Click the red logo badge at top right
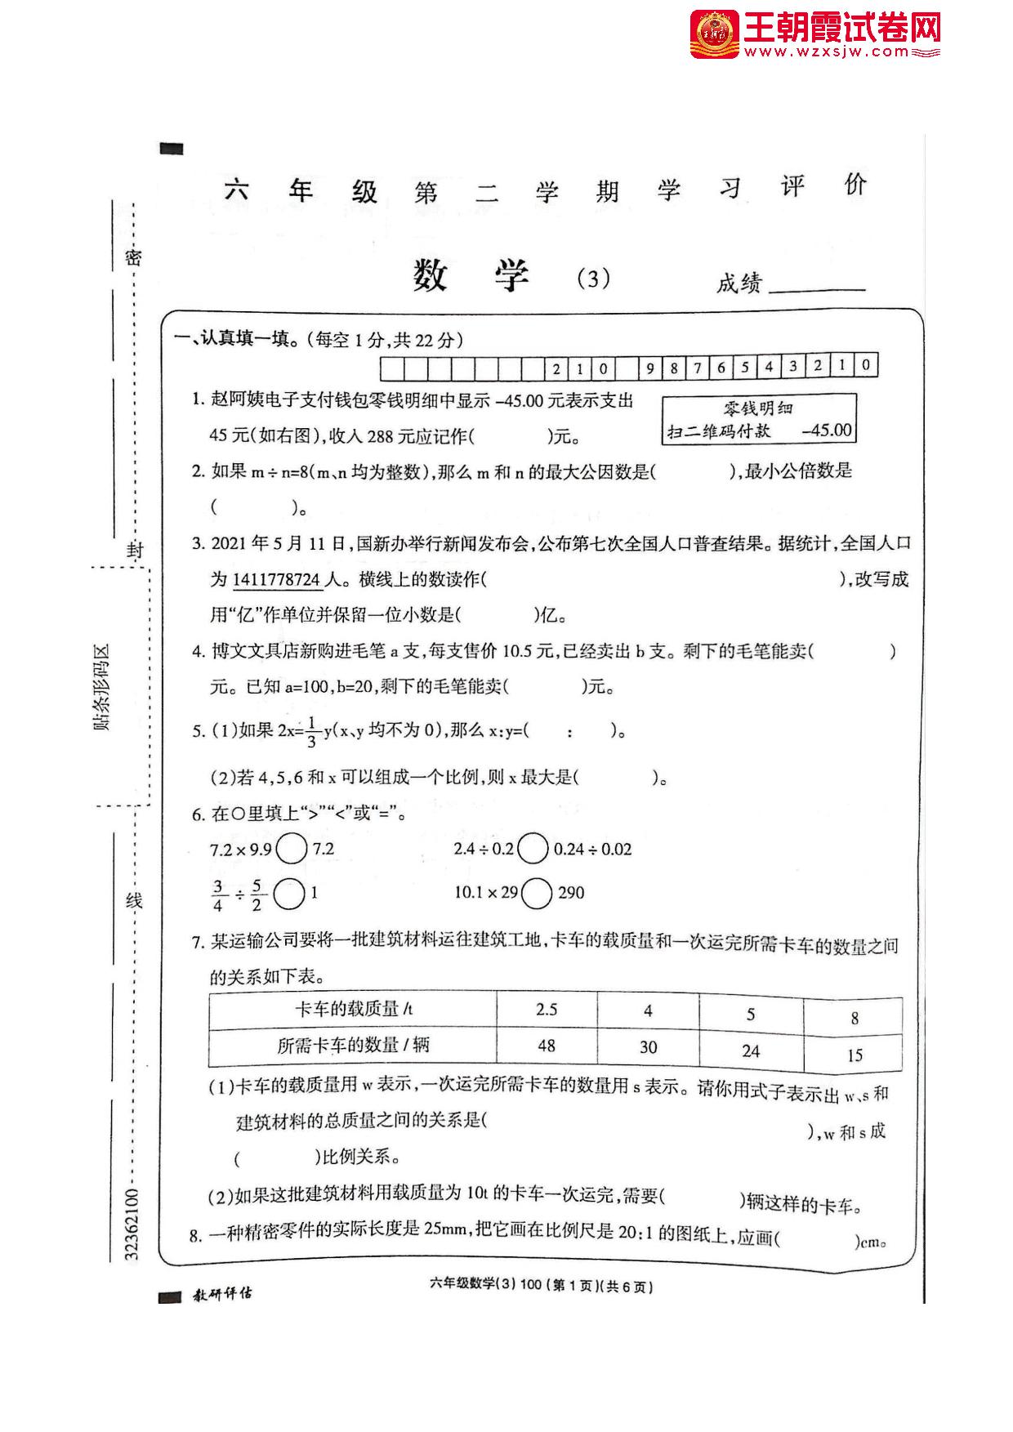(x=715, y=34)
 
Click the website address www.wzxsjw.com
(x=825, y=52)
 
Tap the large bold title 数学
(x=471, y=276)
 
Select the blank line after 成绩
(x=817, y=286)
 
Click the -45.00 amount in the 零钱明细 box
(x=827, y=430)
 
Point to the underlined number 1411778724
(x=277, y=580)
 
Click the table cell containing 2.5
(x=547, y=1010)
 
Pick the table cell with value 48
(x=547, y=1046)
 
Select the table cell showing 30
(x=648, y=1047)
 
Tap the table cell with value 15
(x=855, y=1055)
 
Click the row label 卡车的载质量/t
(x=354, y=1010)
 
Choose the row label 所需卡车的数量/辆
(x=353, y=1045)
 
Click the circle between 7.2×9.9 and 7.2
(x=292, y=850)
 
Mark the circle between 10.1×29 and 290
(x=537, y=893)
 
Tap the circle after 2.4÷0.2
(x=533, y=850)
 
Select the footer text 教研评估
(x=222, y=1294)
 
